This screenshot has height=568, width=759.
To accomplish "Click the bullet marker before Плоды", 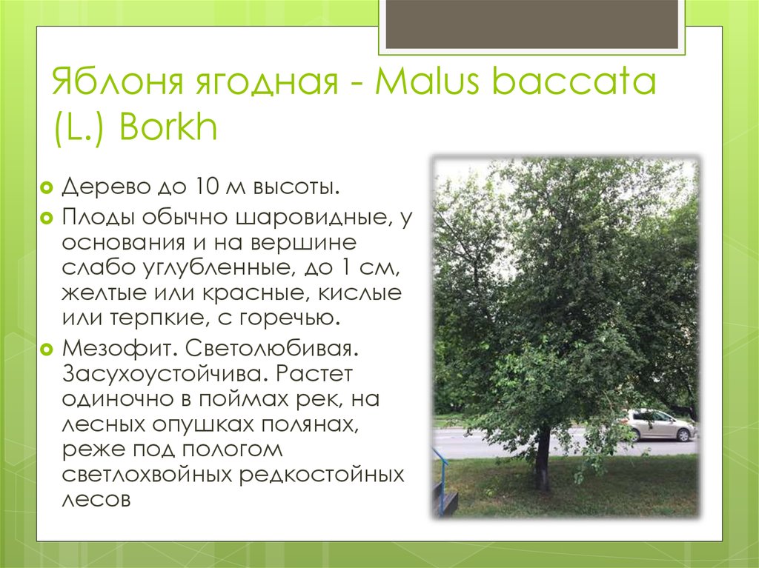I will point(46,218).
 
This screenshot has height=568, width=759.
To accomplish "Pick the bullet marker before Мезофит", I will point(46,347).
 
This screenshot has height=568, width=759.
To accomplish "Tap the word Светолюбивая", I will point(282,347).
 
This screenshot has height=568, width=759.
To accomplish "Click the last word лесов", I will point(96,499).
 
